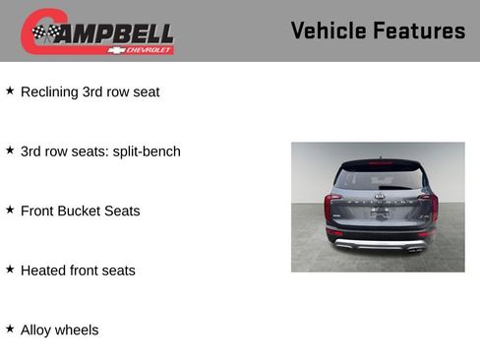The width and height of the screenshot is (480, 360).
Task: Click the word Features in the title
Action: pyautogui.click(x=418, y=30)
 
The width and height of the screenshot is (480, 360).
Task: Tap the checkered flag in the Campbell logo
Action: pyautogui.click(x=45, y=33)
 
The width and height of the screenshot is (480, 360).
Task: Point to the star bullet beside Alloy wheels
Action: pyautogui.click(x=10, y=329)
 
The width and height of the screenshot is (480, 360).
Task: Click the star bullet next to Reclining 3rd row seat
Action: pyautogui.click(x=10, y=90)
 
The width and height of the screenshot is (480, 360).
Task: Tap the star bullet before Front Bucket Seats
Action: pyautogui.click(x=10, y=210)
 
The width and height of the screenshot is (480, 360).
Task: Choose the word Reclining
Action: pyautogui.click(x=50, y=92)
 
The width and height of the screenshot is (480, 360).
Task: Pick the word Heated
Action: pyautogui.click(x=44, y=270)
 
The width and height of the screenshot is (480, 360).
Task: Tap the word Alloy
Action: pyautogui.click(x=37, y=330)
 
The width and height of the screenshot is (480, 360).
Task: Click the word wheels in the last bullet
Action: pyautogui.click(x=79, y=330)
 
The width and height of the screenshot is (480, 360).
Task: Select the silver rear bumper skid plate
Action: pyautogui.click(x=379, y=243)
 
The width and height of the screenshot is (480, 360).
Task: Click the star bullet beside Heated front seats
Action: pyautogui.click(x=10, y=269)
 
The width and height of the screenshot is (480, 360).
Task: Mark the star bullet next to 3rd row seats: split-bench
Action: pyautogui.click(x=10, y=150)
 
